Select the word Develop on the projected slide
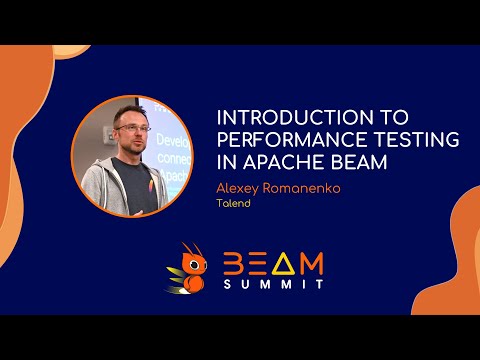pyautogui.click(x=167, y=143)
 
